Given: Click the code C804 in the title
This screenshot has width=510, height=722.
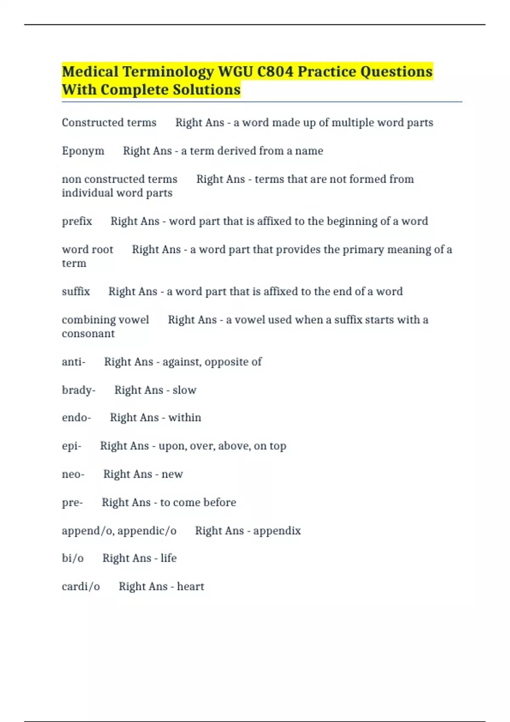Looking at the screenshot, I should (x=275, y=72).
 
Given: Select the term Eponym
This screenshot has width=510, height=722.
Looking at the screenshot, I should (x=83, y=151).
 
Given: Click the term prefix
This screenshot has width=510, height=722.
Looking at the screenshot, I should (x=77, y=221).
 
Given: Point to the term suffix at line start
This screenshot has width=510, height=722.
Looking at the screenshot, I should (x=76, y=292).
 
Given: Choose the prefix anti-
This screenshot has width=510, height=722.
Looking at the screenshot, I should (x=74, y=362).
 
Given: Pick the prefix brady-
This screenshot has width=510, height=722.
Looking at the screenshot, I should (x=79, y=390).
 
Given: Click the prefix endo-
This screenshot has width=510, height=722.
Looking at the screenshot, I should (x=76, y=418).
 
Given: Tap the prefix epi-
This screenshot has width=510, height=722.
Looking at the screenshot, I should (x=71, y=446).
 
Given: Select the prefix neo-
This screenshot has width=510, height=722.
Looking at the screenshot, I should (x=73, y=474).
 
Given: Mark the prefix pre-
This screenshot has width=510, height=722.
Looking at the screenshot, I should (x=72, y=503).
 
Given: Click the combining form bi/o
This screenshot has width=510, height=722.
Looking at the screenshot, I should (x=73, y=558).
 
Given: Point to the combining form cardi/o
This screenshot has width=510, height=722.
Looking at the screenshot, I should (x=81, y=587).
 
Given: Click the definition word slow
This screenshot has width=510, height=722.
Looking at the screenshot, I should (x=184, y=390).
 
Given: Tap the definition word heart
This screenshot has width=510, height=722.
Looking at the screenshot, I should (x=190, y=587).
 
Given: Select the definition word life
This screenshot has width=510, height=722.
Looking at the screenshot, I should (x=169, y=558).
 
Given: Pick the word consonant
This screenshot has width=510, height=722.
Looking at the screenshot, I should (x=88, y=334).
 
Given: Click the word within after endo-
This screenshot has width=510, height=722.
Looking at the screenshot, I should (x=185, y=418).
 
